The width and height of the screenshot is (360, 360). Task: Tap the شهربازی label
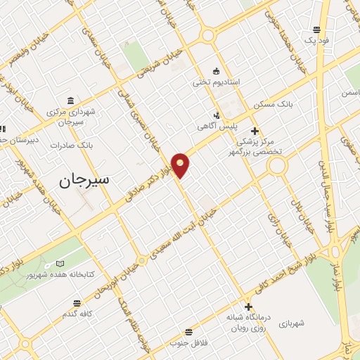[x=290, y=323]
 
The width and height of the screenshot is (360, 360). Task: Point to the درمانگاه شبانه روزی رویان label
[x=248, y=322]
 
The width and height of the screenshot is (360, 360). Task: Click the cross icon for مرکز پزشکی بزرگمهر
[x=255, y=131]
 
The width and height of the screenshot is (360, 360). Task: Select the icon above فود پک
[x=316, y=30]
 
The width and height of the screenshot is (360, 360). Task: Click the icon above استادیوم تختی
[x=217, y=70]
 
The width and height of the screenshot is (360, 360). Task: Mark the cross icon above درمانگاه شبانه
[x=248, y=306]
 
